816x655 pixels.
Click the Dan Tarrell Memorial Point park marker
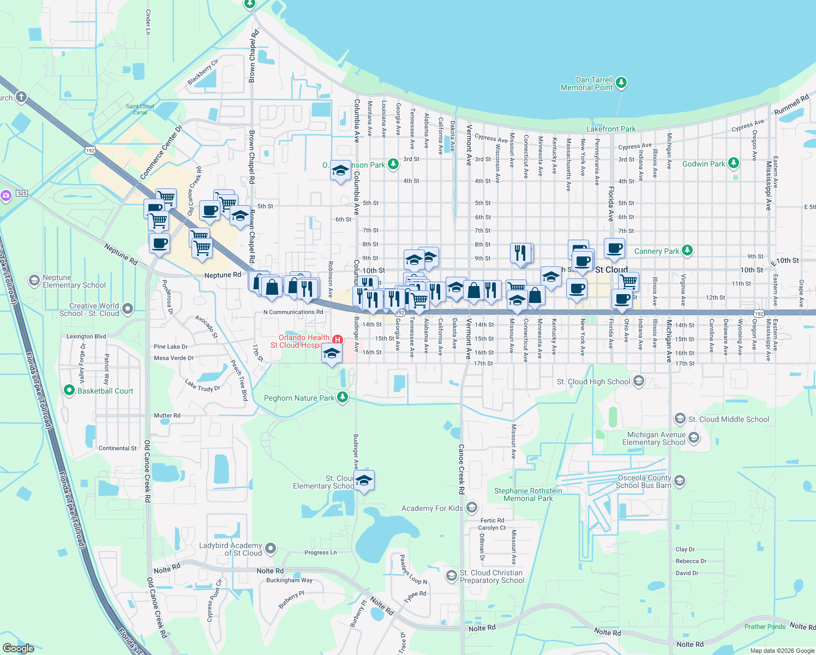(x=621, y=83)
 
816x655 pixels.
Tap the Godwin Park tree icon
(x=734, y=163)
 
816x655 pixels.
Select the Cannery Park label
(x=657, y=251)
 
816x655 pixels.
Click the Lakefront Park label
(x=611, y=129)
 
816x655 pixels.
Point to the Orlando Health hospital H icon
(x=338, y=340)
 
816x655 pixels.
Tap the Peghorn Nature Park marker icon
(x=343, y=397)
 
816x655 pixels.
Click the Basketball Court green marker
(x=69, y=390)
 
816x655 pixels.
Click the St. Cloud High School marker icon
(x=639, y=381)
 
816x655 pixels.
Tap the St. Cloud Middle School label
(x=729, y=419)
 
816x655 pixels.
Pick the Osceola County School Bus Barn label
(x=644, y=481)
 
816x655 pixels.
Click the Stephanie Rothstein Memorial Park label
(x=528, y=495)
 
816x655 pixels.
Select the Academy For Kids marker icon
(x=472, y=508)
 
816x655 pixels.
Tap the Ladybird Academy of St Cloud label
(x=230, y=549)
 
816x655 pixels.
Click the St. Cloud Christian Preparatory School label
(x=491, y=576)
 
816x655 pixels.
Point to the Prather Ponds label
(x=765, y=627)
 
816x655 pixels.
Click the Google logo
(x=19, y=648)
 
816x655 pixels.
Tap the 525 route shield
(x=22, y=193)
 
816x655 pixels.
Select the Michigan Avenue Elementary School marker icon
(x=694, y=437)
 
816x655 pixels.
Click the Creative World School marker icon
(x=128, y=309)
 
